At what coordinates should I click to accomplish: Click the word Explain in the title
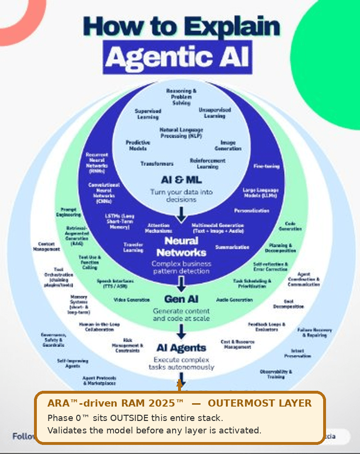(230, 27)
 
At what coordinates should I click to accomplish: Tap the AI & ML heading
(181, 181)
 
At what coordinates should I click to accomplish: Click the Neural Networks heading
(181, 246)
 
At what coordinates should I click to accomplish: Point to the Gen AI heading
(181, 299)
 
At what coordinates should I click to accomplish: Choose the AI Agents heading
(181, 348)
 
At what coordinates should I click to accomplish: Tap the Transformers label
(157, 164)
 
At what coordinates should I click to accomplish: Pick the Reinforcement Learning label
(208, 163)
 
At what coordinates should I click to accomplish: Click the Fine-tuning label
(266, 166)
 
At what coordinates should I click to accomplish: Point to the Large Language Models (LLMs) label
(260, 193)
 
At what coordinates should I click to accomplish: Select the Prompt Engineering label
(71, 212)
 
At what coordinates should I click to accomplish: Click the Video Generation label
(132, 300)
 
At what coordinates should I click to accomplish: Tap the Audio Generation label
(235, 300)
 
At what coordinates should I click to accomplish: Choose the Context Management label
(46, 247)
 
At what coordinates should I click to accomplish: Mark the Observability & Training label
(276, 374)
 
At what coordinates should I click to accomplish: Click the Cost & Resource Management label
(237, 344)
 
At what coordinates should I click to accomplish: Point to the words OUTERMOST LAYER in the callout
(259, 403)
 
